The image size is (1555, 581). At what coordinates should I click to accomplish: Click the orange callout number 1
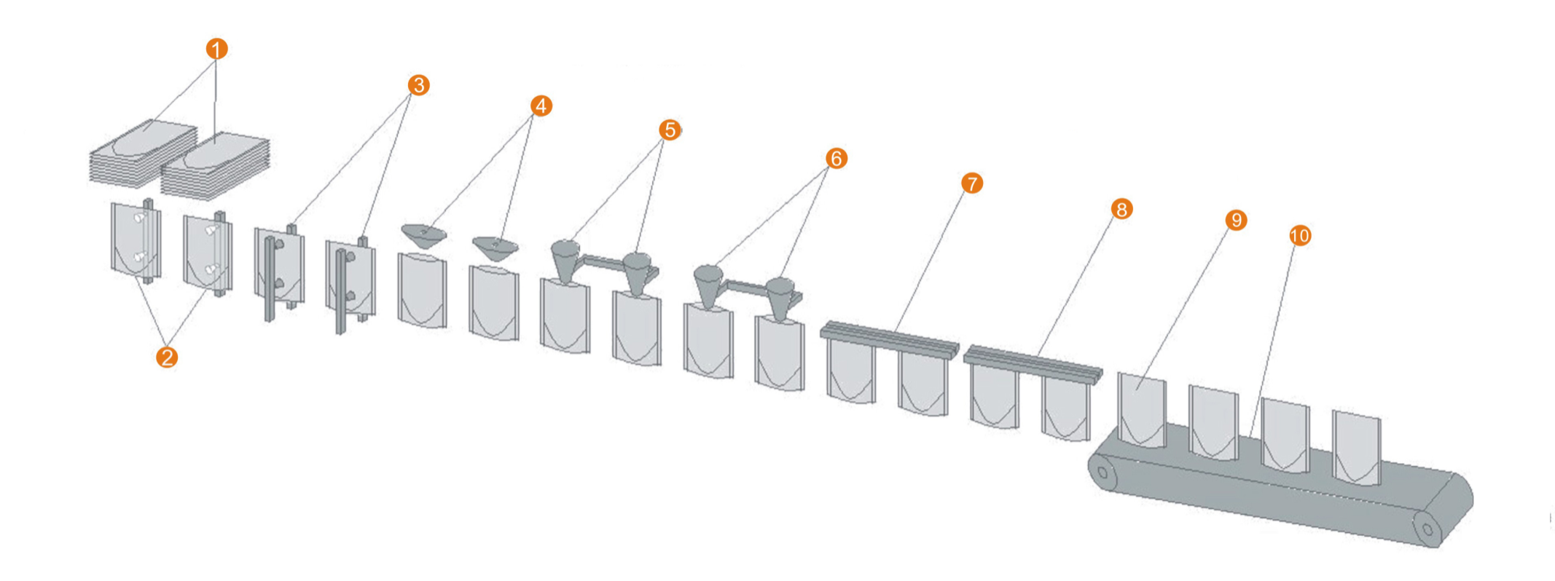click(216, 49)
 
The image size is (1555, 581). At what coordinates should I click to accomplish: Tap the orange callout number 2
click(167, 357)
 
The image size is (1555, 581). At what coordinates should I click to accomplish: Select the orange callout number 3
click(418, 85)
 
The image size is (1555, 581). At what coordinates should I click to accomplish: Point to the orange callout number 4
click(540, 106)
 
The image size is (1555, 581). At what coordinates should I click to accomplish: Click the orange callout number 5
click(670, 130)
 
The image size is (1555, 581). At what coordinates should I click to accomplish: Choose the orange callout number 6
click(836, 158)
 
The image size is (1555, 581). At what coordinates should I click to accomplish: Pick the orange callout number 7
click(971, 183)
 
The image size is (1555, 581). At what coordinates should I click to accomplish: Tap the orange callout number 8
click(1121, 210)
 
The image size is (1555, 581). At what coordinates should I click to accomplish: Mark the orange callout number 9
click(1236, 220)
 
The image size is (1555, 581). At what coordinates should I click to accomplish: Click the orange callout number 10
click(1299, 236)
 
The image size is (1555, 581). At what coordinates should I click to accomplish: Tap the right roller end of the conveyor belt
click(1427, 526)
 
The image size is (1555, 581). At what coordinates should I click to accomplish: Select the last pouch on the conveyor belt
click(1356, 448)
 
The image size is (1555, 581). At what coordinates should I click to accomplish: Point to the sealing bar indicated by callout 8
click(1033, 365)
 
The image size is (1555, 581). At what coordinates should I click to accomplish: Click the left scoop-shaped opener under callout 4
click(424, 235)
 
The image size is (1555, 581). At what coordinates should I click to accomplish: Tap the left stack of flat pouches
click(143, 154)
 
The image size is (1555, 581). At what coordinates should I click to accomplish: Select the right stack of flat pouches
click(215, 167)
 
